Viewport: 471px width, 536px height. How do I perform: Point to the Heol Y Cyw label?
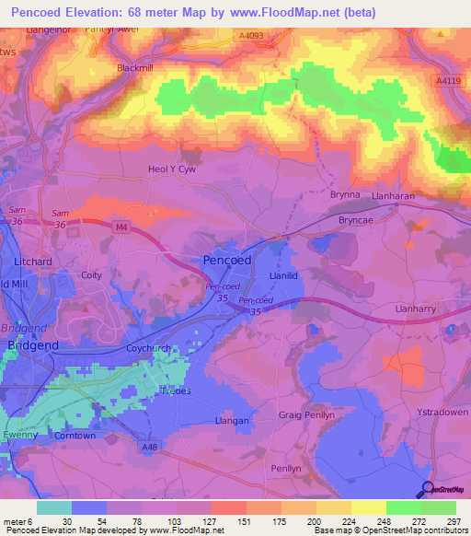(x=173, y=169)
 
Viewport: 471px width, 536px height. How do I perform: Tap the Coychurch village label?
(x=150, y=350)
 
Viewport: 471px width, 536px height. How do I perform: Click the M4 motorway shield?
(x=121, y=225)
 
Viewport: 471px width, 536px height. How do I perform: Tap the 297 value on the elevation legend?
(x=452, y=521)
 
